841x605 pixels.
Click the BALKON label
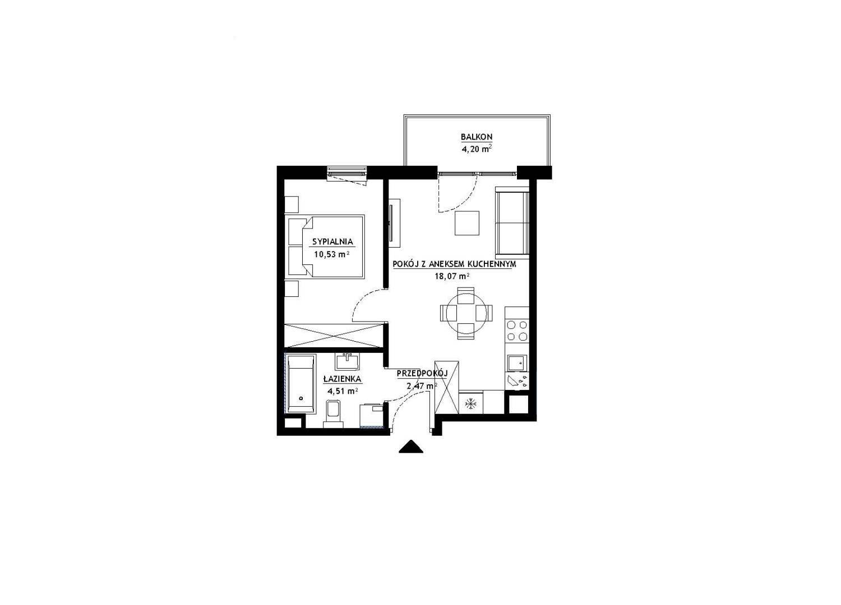(x=477, y=137)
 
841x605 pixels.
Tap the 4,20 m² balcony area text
(x=477, y=149)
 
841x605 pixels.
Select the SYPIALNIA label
(x=332, y=242)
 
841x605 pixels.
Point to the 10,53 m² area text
(x=332, y=254)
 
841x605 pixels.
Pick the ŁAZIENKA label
(x=343, y=379)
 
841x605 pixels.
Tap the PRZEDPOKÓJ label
(x=423, y=373)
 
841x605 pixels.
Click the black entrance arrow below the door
(x=411, y=446)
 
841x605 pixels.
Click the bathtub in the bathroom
(x=301, y=384)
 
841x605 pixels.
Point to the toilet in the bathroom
(x=334, y=414)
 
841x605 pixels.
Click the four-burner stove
(x=517, y=331)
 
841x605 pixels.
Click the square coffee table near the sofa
(x=467, y=223)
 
